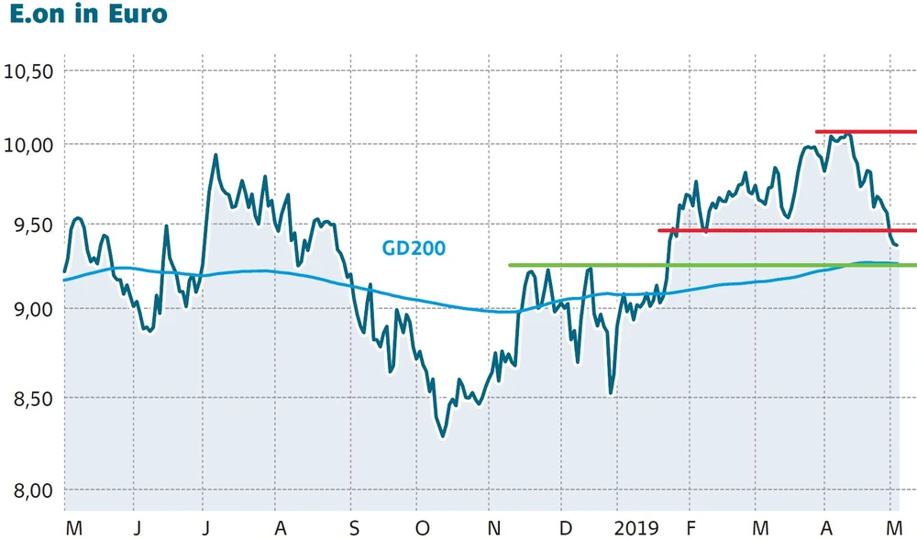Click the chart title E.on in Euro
[89, 15]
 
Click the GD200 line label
[414, 248]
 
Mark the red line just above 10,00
[866, 132]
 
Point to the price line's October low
[443, 436]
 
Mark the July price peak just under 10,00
[215, 155]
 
